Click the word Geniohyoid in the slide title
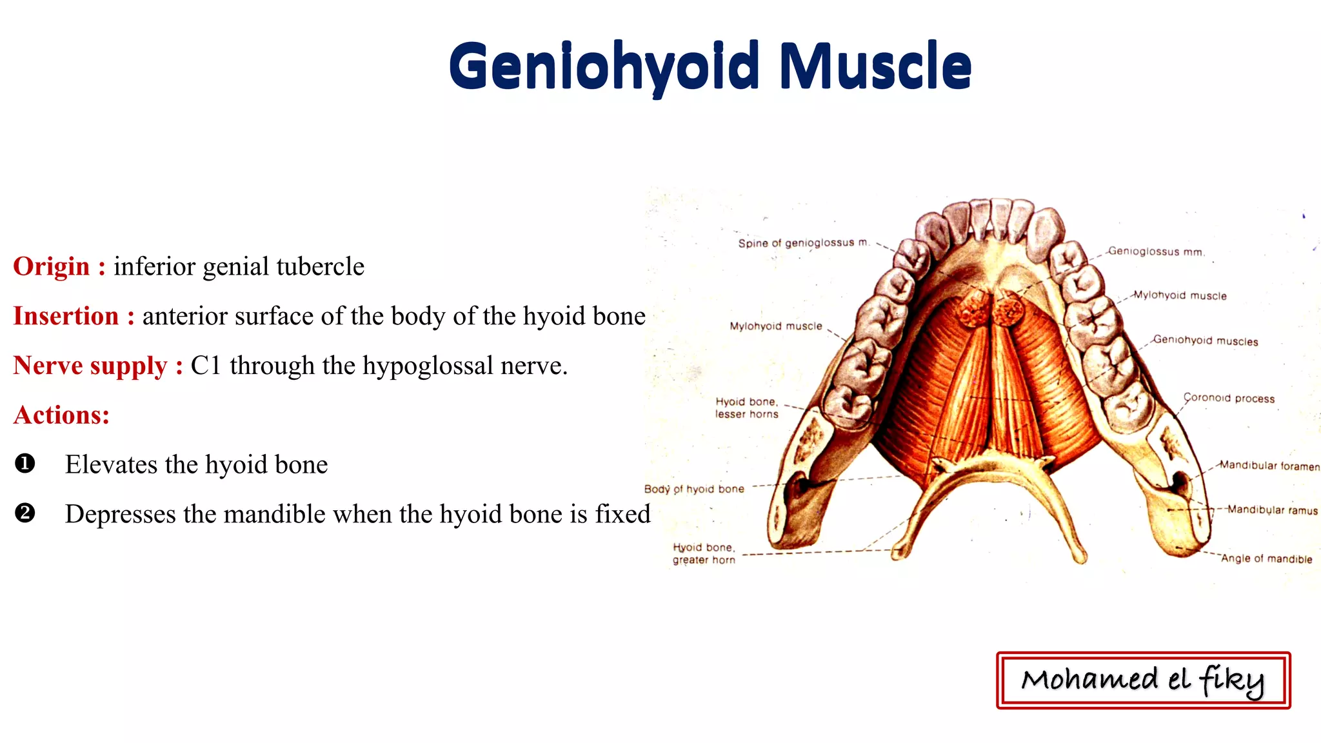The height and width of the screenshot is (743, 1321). pyautogui.click(x=604, y=67)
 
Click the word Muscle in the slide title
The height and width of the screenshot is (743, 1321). pyautogui.click(x=875, y=67)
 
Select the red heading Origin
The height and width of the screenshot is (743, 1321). pyautogui.click(x=52, y=266)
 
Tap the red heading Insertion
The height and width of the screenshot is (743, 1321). pyautogui.click(x=66, y=316)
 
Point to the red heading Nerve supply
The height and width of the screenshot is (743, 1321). pyautogui.click(x=90, y=366)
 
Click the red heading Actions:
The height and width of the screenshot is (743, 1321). pyautogui.click(x=62, y=415)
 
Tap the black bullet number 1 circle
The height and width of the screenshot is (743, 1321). pyautogui.click(x=25, y=464)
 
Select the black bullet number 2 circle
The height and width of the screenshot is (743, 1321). pyautogui.click(x=25, y=513)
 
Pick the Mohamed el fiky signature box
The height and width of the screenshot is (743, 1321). pyautogui.click(x=1143, y=680)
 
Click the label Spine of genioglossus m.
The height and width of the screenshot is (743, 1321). pyautogui.click(x=804, y=243)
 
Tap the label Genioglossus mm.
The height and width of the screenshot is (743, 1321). pyautogui.click(x=1156, y=252)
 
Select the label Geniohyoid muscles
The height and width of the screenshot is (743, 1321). pyautogui.click(x=1205, y=341)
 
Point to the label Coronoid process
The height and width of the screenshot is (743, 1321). pyautogui.click(x=1229, y=398)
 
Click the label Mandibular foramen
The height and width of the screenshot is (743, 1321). pyautogui.click(x=1269, y=466)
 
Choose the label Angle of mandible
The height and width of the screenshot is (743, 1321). pyautogui.click(x=1266, y=559)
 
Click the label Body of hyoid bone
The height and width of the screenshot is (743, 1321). pyautogui.click(x=694, y=489)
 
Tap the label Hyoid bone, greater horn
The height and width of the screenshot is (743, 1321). pyautogui.click(x=704, y=553)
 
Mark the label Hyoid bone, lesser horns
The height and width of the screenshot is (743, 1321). pyautogui.click(x=746, y=408)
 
